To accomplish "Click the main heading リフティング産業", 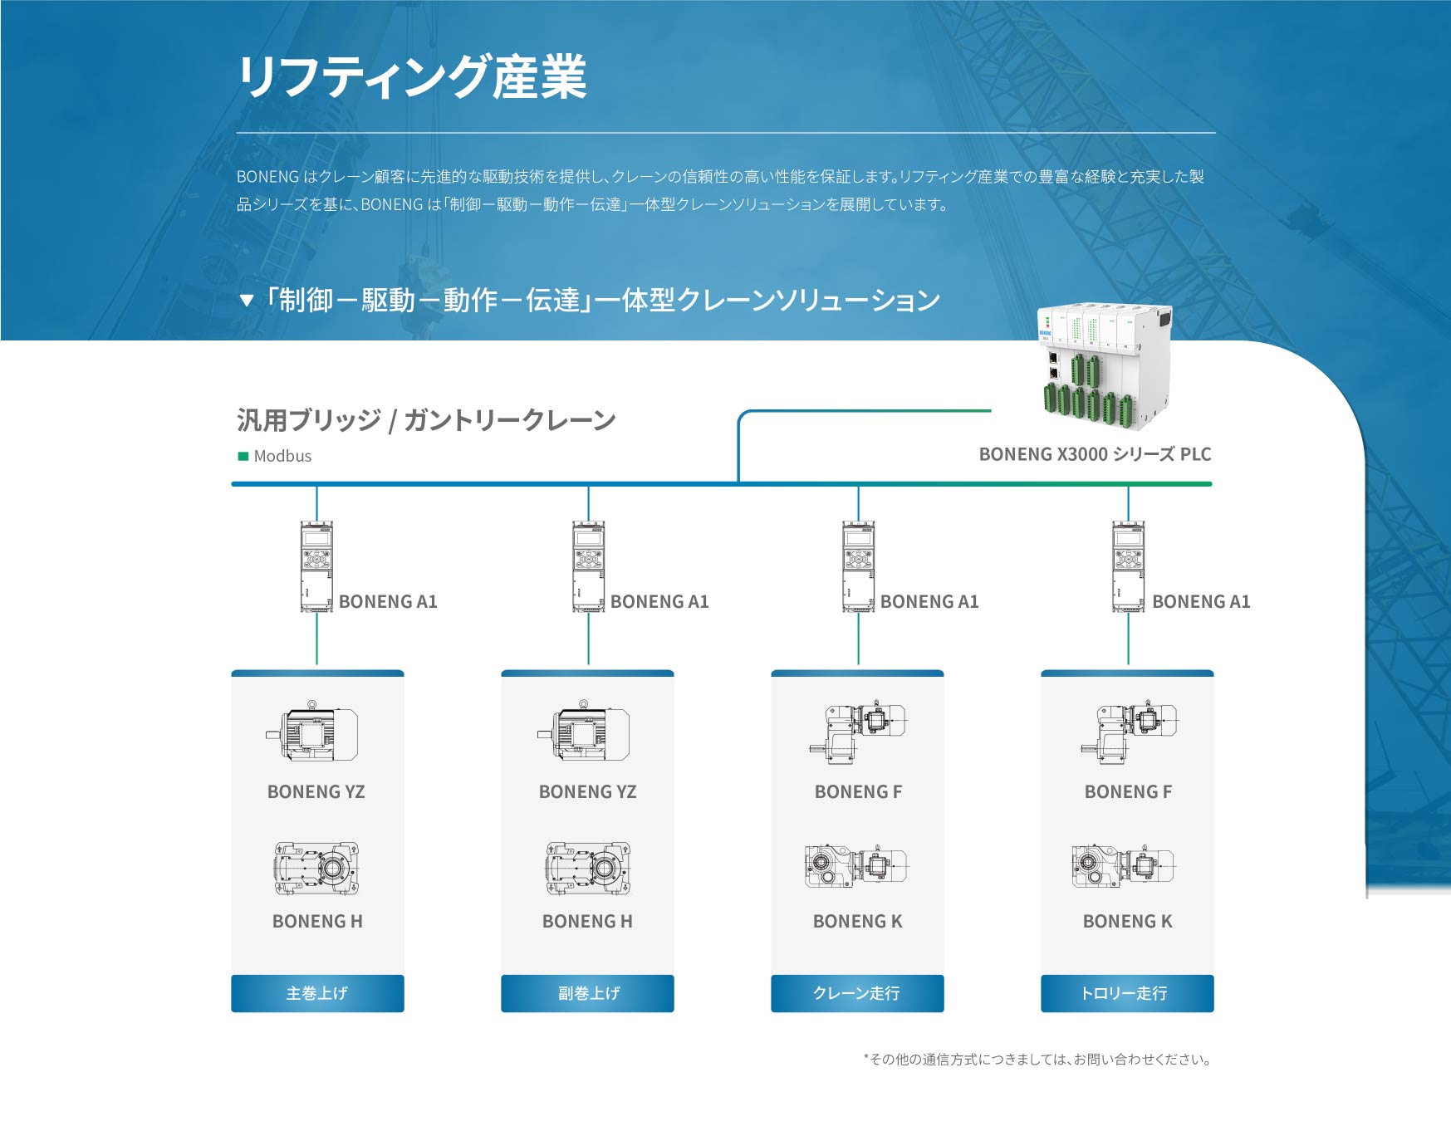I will tap(413, 77).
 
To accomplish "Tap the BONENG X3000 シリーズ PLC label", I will tap(1095, 454).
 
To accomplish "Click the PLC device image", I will tap(1105, 366).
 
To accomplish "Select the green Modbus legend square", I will tap(243, 456).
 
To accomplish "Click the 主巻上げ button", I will tap(317, 993).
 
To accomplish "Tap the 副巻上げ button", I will tap(587, 993).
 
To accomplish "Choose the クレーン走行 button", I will tap(857, 993).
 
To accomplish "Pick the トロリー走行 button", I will tap(1127, 993).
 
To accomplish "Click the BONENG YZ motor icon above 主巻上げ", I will tap(313, 732).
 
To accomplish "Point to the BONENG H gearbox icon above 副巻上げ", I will tap(587, 869).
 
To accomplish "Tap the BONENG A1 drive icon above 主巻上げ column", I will tap(316, 566).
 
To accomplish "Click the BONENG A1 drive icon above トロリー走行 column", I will tap(1128, 566).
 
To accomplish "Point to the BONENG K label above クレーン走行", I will tap(857, 921).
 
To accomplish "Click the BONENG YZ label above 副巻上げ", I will tap(587, 791).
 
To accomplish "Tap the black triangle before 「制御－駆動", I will tap(246, 301).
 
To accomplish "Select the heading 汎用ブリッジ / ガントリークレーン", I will tap(426, 420).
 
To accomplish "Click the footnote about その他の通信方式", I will tap(1037, 1059).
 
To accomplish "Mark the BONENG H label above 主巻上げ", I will tap(317, 921).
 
